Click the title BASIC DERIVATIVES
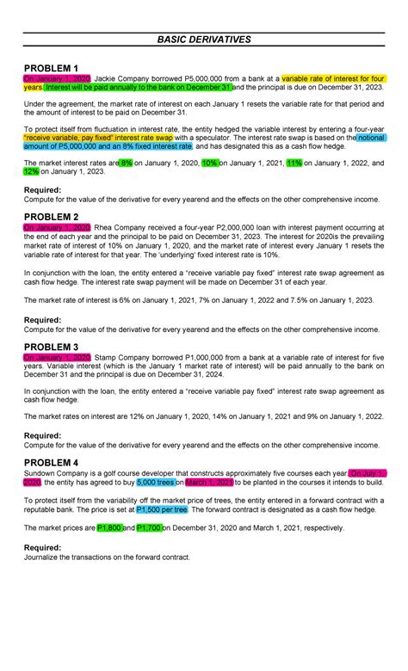point(204,40)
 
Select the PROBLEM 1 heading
point(51,68)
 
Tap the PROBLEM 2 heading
point(51,216)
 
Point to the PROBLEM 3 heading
point(51,347)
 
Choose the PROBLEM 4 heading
point(51,462)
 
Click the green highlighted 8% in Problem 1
point(127,163)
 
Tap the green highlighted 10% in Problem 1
point(209,163)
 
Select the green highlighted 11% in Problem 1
point(294,163)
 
